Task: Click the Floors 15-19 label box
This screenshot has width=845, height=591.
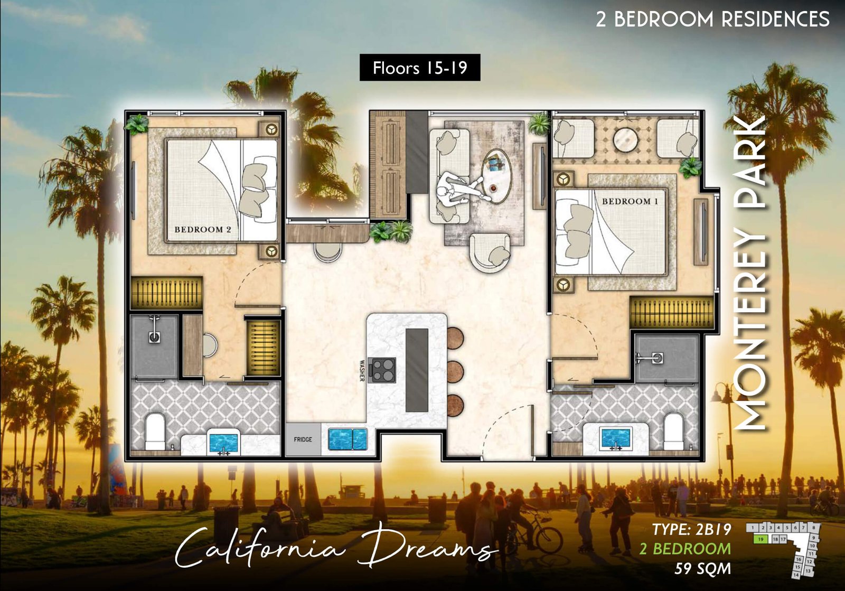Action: (420, 68)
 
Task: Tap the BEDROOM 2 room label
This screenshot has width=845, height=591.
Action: (203, 229)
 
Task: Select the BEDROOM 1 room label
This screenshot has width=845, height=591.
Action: (630, 201)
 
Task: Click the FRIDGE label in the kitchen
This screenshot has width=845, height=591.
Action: (303, 439)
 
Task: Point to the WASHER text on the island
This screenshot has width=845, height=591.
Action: (362, 370)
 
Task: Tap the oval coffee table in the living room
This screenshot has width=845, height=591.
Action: (497, 175)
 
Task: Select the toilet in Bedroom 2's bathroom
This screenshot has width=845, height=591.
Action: (155, 431)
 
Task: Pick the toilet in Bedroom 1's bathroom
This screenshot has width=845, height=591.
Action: (674, 431)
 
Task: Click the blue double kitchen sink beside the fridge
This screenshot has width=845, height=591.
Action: (348, 439)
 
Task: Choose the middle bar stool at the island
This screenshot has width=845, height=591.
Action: (454, 372)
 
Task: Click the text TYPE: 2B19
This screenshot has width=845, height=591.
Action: (691, 529)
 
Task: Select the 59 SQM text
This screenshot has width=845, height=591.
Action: (702, 569)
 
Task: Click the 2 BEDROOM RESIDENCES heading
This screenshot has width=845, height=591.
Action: (712, 19)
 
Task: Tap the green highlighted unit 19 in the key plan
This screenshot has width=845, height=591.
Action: (760, 539)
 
